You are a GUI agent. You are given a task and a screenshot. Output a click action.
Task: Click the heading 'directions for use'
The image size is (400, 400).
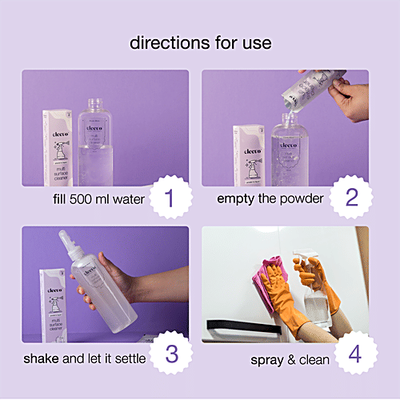(199, 41)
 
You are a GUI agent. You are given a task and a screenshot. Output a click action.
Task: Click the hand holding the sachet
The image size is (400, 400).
(349, 99)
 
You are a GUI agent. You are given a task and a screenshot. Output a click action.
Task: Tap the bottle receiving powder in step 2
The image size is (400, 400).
(289, 152)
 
